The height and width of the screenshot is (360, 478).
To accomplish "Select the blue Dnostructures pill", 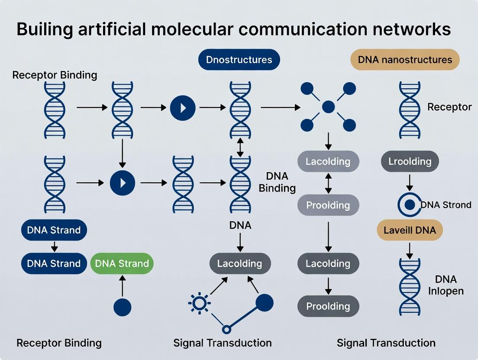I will pyautogui.click(x=239, y=60).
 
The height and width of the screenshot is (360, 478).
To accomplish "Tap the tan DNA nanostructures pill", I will pyautogui.click(x=405, y=60).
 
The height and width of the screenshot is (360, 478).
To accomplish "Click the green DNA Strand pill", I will pyautogui.click(x=122, y=264).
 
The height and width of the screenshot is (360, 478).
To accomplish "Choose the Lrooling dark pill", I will pyautogui.click(x=410, y=161).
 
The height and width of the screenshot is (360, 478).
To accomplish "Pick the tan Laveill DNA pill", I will pyautogui.click(x=410, y=230).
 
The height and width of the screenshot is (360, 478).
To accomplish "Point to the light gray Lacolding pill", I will pyautogui.click(x=328, y=161).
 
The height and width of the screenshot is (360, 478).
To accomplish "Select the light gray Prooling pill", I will pyautogui.click(x=328, y=205).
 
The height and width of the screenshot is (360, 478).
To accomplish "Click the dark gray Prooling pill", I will pyautogui.click(x=328, y=306).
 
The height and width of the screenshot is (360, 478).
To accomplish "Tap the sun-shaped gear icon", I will pyautogui.click(x=199, y=303).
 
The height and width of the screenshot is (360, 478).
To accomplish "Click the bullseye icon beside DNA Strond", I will pyautogui.click(x=409, y=205).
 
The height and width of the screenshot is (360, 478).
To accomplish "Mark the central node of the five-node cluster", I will pyautogui.click(x=328, y=107).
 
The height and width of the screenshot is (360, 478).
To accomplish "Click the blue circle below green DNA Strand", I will pyautogui.click(x=122, y=307).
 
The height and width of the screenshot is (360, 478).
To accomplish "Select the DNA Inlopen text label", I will pyautogui.click(x=446, y=285).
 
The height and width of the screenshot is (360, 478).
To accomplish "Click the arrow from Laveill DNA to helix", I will pyautogui.click(x=409, y=250).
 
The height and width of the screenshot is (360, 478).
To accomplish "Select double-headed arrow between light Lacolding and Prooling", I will pyautogui.click(x=328, y=183).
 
